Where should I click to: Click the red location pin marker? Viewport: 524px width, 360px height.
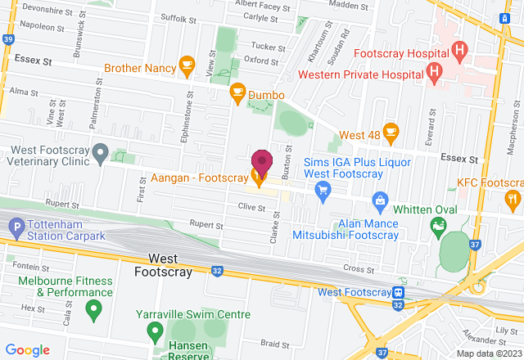[x=261, y=160]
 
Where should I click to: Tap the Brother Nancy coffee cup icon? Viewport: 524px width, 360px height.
[x=186, y=63]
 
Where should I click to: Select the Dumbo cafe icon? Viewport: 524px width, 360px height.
[x=237, y=92]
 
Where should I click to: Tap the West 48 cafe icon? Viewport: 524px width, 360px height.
[x=390, y=131]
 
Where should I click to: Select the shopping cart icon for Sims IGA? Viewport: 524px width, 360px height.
[x=323, y=191]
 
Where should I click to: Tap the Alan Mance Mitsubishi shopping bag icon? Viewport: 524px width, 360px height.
[x=379, y=200]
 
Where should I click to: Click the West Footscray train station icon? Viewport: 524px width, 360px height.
[x=398, y=293]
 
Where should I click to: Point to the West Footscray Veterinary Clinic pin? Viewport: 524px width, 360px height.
[x=100, y=152]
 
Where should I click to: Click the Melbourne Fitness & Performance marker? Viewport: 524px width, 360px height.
[x=93, y=310]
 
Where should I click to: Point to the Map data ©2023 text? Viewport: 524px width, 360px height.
[x=488, y=353]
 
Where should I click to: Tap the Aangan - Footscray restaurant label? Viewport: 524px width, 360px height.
[x=196, y=176]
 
